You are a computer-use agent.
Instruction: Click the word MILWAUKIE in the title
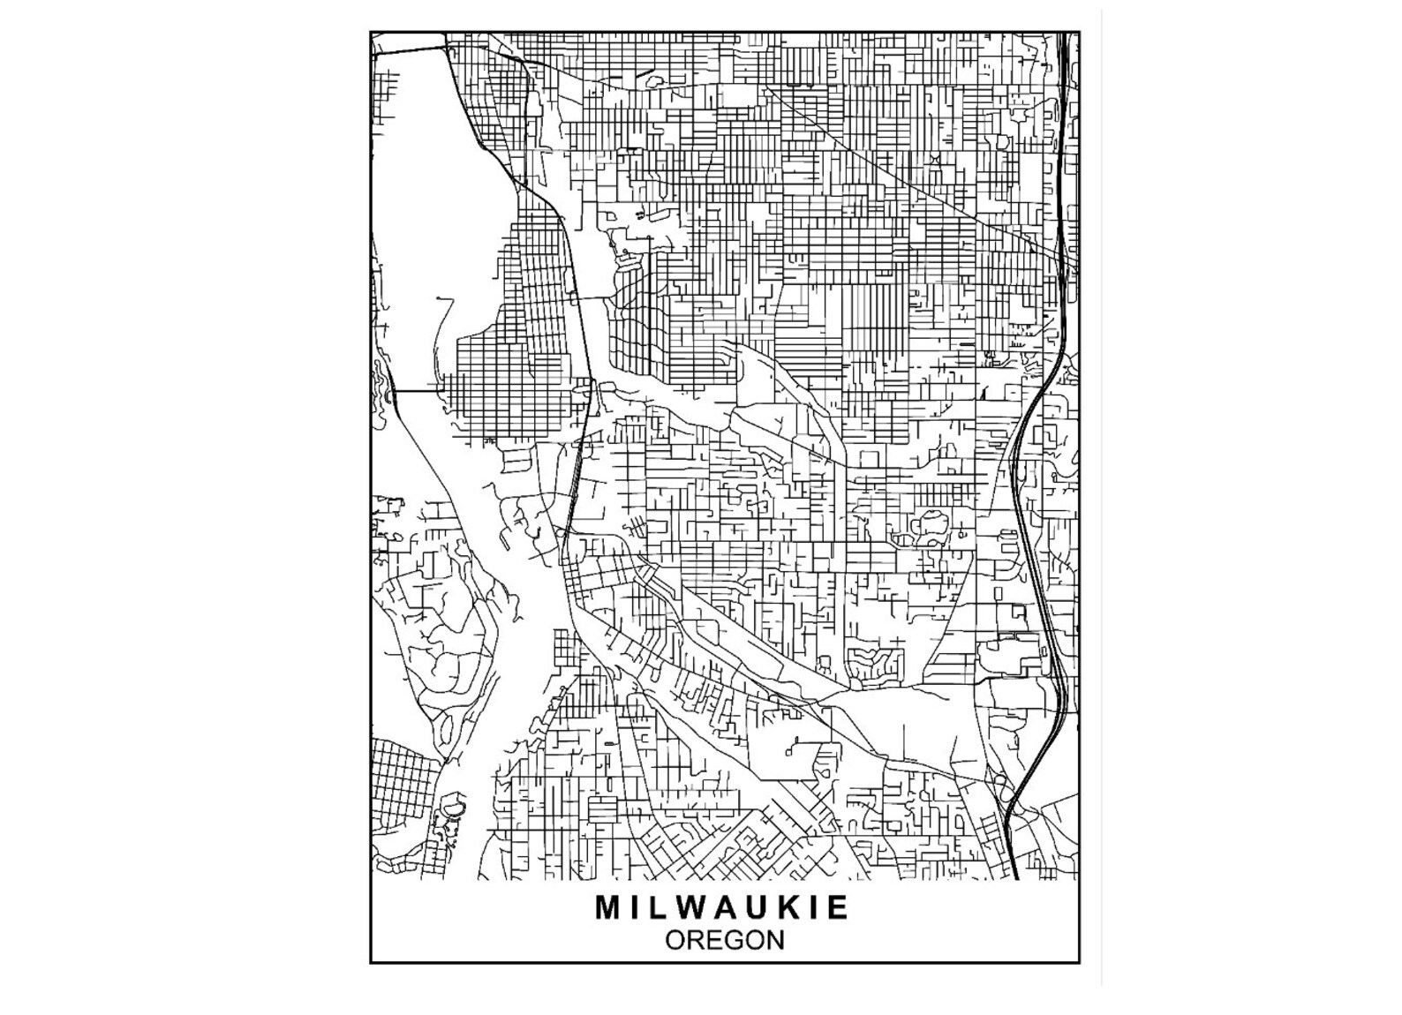pyautogui.click(x=722, y=907)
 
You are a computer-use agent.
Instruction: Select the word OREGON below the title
pyautogui.click(x=724, y=940)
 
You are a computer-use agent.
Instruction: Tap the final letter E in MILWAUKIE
pyautogui.click(x=838, y=907)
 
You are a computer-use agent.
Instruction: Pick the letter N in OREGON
pyautogui.click(x=774, y=940)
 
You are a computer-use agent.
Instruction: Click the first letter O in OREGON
pyautogui.click(x=675, y=940)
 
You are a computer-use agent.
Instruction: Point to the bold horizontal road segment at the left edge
pyautogui.click(x=418, y=389)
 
